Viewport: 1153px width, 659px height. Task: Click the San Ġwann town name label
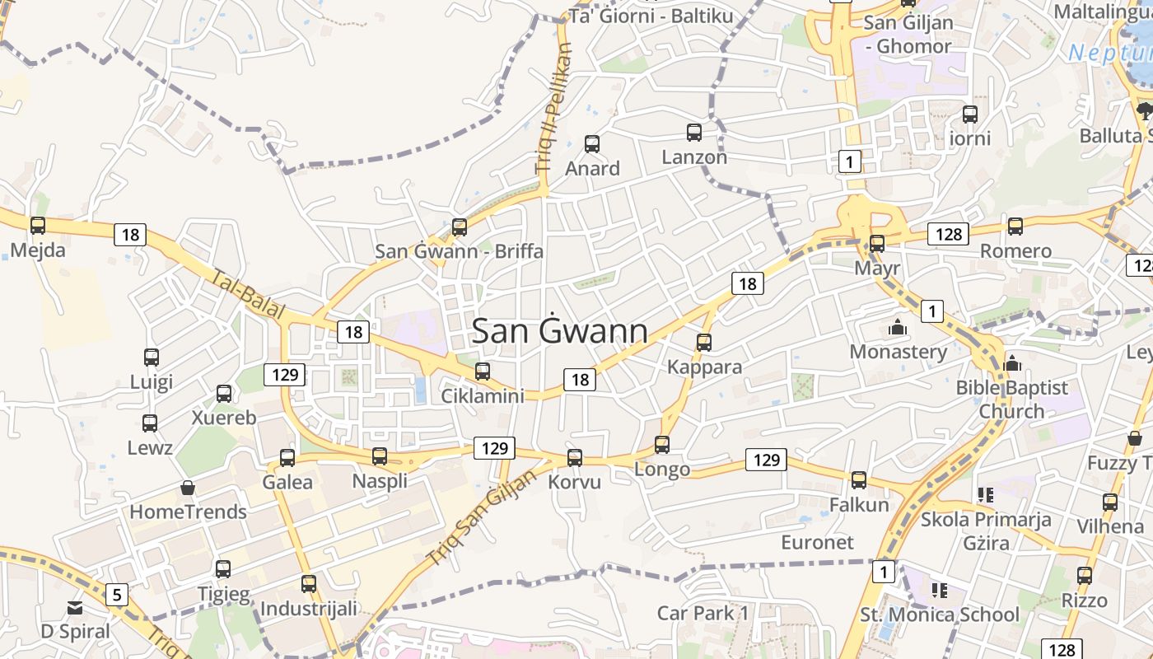coord(559,331)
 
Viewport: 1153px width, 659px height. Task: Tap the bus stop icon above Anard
coord(592,144)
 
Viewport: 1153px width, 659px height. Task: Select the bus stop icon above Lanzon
coord(694,133)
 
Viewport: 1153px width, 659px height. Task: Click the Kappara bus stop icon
coord(704,343)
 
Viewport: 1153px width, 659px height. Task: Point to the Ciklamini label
coord(483,396)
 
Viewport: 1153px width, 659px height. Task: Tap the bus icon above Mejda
coord(38,226)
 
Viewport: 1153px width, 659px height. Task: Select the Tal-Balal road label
coord(248,295)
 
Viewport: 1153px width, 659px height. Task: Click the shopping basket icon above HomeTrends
coord(188,488)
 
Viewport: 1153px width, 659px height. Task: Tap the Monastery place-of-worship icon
coord(898,328)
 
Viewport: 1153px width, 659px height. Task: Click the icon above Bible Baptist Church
coord(1012,362)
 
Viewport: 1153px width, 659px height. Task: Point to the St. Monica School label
coord(939,615)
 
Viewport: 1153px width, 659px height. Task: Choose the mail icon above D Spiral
coord(75,608)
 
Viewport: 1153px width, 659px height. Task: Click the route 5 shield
coord(117,593)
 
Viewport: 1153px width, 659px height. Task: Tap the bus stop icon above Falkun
coord(859,480)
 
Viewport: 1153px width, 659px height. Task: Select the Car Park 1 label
coord(703,613)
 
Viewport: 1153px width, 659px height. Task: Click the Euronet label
coord(817,542)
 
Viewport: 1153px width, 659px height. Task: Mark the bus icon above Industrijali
coord(309,584)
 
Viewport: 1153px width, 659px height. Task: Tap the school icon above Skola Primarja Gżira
coord(986,495)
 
